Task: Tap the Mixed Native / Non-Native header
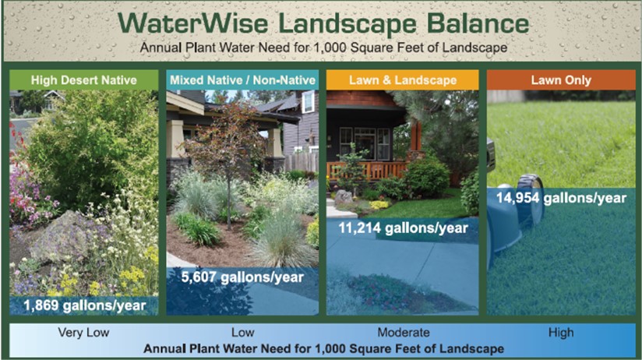click(x=242, y=79)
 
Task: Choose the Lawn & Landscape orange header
click(x=402, y=79)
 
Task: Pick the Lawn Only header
click(x=561, y=79)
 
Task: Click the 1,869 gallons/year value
click(x=83, y=304)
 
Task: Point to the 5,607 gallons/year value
click(x=243, y=277)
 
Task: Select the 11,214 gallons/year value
click(x=404, y=228)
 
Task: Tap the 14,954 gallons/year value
click(x=561, y=198)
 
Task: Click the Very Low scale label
click(x=83, y=333)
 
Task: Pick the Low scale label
click(x=242, y=333)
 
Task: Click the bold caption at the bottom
click(x=321, y=347)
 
